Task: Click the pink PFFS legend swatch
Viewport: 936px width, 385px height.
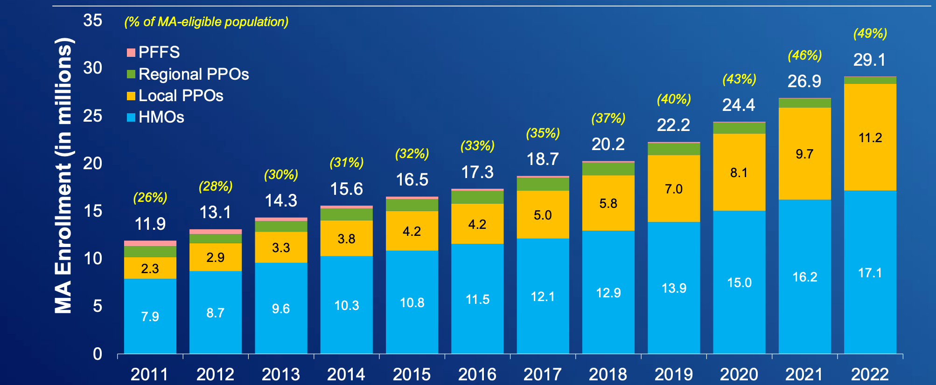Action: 131,53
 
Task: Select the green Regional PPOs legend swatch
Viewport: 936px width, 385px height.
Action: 131,74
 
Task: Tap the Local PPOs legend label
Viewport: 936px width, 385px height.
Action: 181,96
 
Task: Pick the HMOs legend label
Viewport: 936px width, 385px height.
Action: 161,117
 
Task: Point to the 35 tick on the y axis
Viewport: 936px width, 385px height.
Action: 92,21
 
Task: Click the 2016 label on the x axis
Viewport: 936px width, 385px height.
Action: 477,374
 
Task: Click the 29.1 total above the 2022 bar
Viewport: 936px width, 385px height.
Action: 869,60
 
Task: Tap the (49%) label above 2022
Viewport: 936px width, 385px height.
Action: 870,34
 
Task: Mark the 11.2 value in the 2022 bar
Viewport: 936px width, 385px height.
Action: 870,137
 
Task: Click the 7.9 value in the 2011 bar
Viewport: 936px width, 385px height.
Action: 150,316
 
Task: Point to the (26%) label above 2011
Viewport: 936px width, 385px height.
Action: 150,198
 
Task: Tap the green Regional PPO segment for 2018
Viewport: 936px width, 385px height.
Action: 608,169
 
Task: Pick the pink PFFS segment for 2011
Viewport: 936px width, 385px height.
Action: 150,243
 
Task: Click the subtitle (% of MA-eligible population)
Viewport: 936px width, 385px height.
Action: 206,22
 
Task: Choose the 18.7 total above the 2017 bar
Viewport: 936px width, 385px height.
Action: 542,159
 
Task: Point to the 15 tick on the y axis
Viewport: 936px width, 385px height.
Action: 92,211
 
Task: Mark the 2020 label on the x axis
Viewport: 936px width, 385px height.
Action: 739,374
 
